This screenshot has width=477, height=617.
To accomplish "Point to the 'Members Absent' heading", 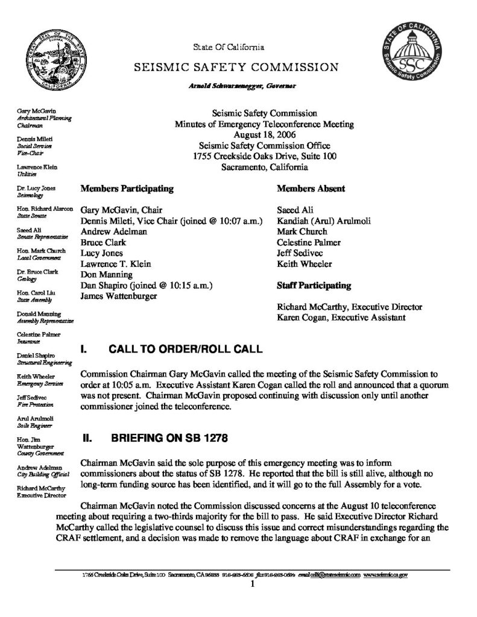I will (311, 189).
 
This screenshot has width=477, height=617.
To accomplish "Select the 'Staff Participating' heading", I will (314, 285).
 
